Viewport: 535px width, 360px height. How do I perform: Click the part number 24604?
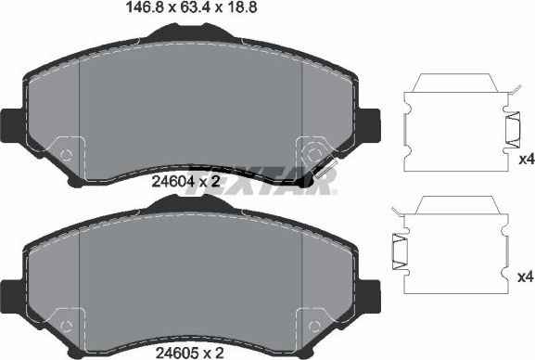171,183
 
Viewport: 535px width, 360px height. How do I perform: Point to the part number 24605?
171,353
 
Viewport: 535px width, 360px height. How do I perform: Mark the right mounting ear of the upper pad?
370,122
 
